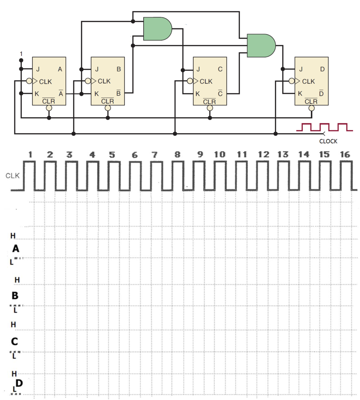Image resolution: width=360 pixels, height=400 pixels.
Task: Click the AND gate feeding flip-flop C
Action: tap(157, 29)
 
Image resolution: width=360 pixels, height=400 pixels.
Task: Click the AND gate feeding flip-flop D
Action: tap(261, 45)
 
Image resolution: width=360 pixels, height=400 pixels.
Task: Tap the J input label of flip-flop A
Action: tap(38, 69)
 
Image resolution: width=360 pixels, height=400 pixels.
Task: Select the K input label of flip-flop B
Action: tap(96, 94)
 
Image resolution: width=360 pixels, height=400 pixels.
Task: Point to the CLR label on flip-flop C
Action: tap(209, 101)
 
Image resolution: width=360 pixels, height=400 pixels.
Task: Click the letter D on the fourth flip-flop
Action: tap(322, 69)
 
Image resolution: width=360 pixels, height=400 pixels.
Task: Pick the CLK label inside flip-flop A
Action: tap(45, 82)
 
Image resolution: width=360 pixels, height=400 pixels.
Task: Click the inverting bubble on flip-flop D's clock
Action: tap(291, 82)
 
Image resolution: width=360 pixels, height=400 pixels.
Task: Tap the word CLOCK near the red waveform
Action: tap(328, 141)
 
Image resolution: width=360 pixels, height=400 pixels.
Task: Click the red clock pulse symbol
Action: tap(324, 127)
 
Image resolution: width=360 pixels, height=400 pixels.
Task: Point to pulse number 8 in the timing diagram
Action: tap(177, 154)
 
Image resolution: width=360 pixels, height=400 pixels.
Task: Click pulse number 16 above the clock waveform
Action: tap(344, 154)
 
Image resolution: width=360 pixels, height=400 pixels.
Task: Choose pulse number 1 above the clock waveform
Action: tap(30, 154)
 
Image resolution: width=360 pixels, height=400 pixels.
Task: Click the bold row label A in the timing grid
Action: tap(16, 249)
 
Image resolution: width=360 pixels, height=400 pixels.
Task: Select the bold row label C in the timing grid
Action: tap(14, 342)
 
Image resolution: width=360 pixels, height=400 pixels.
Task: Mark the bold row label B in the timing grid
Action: tap(15, 296)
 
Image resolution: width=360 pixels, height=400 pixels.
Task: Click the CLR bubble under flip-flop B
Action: tap(108, 108)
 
